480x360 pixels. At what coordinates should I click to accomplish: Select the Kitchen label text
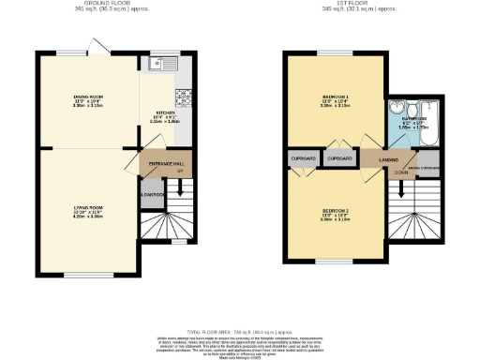[x=165, y=111]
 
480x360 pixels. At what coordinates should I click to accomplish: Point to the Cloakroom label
[x=151, y=195]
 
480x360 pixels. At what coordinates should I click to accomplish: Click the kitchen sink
[x=158, y=65]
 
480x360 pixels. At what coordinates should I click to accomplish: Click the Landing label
[x=376, y=160]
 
